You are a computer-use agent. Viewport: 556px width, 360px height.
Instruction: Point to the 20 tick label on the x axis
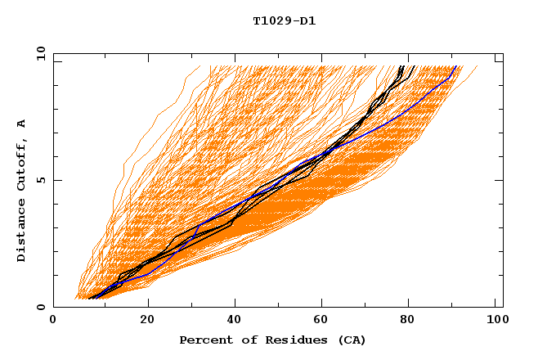click(147, 320)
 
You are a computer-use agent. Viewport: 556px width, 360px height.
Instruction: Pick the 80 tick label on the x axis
click(410, 320)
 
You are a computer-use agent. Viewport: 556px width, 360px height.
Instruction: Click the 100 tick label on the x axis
click(496, 320)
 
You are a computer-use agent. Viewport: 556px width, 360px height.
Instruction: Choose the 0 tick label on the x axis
click(53, 320)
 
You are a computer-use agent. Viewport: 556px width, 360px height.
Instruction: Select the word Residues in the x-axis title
click(290, 340)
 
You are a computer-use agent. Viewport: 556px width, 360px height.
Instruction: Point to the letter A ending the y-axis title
click(21, 124)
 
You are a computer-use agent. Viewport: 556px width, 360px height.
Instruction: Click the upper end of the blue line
click(455, 66)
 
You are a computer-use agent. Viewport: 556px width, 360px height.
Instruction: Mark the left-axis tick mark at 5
click(56, 180)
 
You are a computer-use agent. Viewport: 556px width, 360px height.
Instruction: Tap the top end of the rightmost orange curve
click(478, 66)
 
